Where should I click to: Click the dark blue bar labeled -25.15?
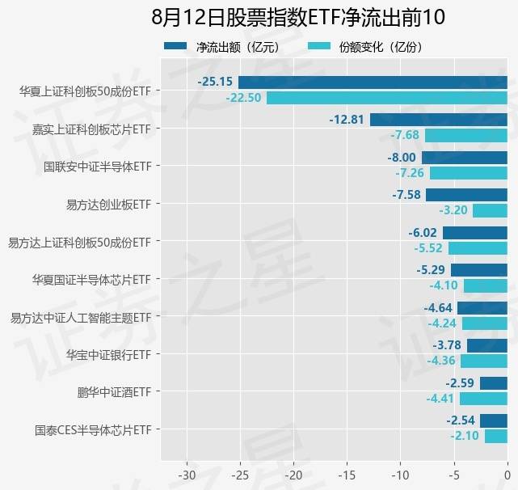[x=373, y=82]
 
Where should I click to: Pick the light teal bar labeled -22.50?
[x=387, y=98]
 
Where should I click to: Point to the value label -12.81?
[x=348, y=120]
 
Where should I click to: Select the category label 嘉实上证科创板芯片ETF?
[x=91, y=129]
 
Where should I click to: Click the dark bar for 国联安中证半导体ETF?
[x=465, y=158]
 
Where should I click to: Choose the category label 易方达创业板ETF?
[x=109, y=204]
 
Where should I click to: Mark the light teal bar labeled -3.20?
[x=490, y=211]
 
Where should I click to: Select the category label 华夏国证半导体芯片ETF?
[x=91, y=279]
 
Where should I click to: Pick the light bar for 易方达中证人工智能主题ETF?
[x=485, y=323]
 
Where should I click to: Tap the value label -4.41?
[x=440, y=399]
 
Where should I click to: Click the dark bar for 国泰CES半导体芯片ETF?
[x=494, y=420]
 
